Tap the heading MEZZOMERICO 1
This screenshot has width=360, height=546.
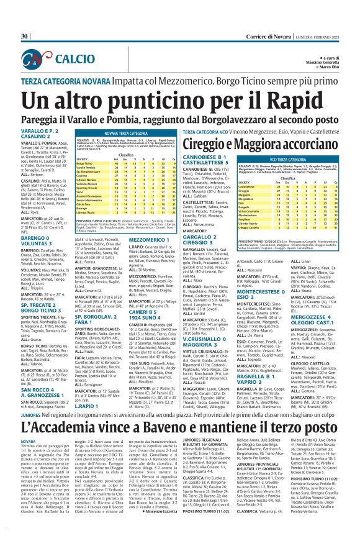[x=172, y=239]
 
